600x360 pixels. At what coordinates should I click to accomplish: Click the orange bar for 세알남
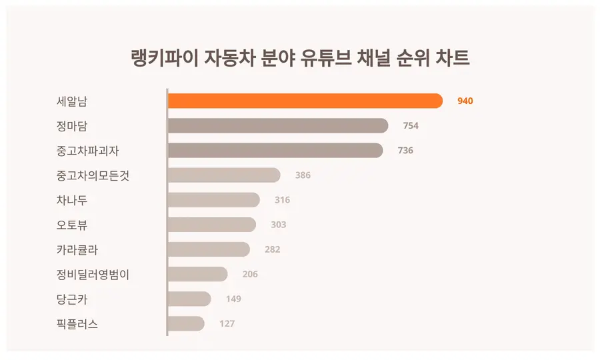[x=305, y=101]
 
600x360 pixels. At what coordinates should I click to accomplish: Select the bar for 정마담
[x=277, y=125]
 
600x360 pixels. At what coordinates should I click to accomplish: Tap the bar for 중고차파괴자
[x=275, y=150]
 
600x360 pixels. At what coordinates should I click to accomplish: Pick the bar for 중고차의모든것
[x=223, y=175]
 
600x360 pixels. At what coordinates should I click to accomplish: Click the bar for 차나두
[x=213, y=199]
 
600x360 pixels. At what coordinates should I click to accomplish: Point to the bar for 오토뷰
[x=211, y=225]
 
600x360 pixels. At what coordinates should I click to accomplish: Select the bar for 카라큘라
[x=208, y=249]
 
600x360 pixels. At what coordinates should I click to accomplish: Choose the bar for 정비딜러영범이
[x=197, y=274]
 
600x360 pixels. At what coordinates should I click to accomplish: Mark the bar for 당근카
[x=189, y=299]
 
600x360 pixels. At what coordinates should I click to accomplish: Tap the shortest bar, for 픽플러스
[x=185, y=323]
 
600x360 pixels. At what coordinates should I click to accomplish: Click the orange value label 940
[x=465, y=101]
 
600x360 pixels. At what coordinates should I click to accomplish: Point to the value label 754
[x=411, y=126]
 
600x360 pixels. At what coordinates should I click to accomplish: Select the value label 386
[x=303, y=175]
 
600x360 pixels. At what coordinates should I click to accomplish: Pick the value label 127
[x=227, y=324]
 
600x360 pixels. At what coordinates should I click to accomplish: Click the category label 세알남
[x=72, y=101]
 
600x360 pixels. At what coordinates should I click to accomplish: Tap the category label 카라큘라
[x=77, y=249]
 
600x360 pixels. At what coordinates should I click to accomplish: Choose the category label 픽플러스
[x=77, y=324]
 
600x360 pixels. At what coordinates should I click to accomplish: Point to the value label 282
[x=272, y=249]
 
